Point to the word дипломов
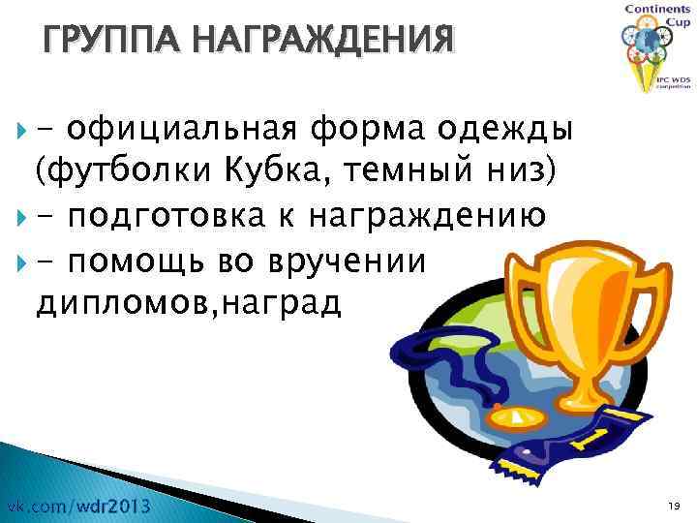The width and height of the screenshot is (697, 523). pyautogui.click(x=110, y=304)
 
